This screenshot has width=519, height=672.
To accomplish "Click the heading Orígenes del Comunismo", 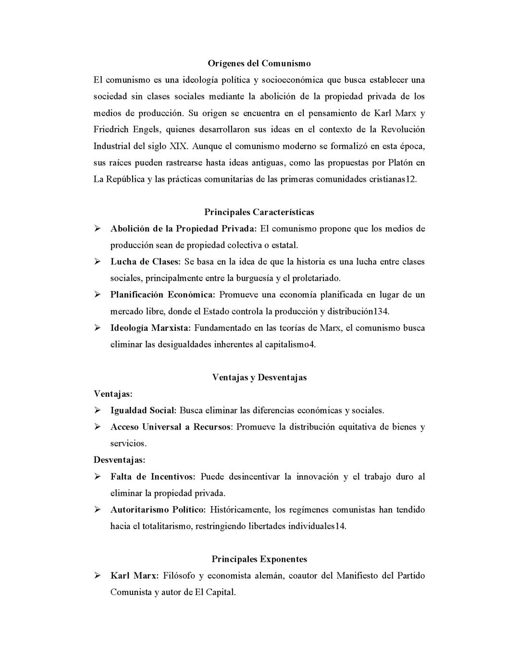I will click(x=259, y=63).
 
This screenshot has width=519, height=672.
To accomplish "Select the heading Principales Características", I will click(x=259, y=212).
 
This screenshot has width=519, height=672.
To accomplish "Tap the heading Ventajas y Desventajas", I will click(x=259, y=377).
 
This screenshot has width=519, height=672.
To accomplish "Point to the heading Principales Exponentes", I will click(x=259, y=559).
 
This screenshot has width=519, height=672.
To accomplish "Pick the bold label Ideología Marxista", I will click(x=150, y=328).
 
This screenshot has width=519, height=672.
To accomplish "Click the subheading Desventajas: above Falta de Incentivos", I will click(x=119, y=460).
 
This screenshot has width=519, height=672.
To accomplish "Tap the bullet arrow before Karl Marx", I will click(x=97, y=575).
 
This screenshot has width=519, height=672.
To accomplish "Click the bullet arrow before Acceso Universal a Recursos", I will click(x=97, y=427).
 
